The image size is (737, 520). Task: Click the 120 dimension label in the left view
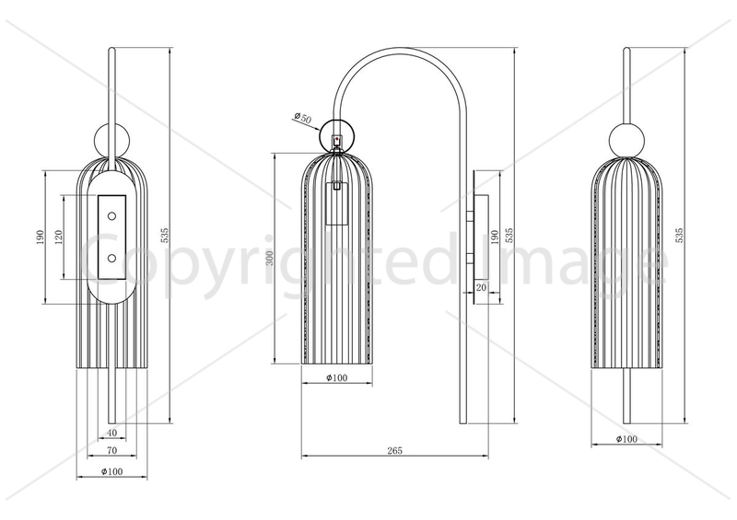59,237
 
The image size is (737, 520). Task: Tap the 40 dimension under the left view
111,433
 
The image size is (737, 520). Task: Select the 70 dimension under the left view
111,450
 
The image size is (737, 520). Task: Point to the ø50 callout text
303,118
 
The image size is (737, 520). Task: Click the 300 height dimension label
269,258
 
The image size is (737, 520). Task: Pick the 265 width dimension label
395,450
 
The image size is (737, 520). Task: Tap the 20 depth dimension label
481,287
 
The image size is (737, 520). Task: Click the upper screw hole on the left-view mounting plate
111,216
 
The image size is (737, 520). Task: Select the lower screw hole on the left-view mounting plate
111,258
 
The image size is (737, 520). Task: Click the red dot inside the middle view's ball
336,139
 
